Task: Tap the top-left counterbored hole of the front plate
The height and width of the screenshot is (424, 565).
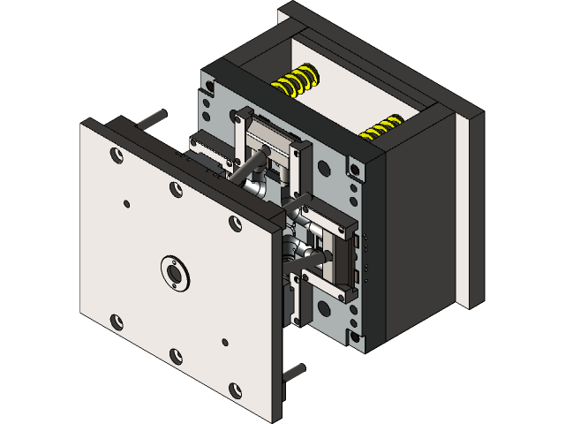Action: (x=116, y=154)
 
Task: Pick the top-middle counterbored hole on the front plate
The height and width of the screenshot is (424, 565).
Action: (x=177, y=188)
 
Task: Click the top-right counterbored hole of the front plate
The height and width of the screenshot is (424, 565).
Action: (x=236, y=224)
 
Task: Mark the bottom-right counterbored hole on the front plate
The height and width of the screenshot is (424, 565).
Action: (x=236, y=389)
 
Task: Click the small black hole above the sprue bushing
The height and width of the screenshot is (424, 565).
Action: (x=127, y=204)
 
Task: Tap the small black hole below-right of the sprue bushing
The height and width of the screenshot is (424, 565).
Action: (x=226, y=342)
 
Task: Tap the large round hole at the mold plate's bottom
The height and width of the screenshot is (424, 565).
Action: (x=321, y=309)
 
